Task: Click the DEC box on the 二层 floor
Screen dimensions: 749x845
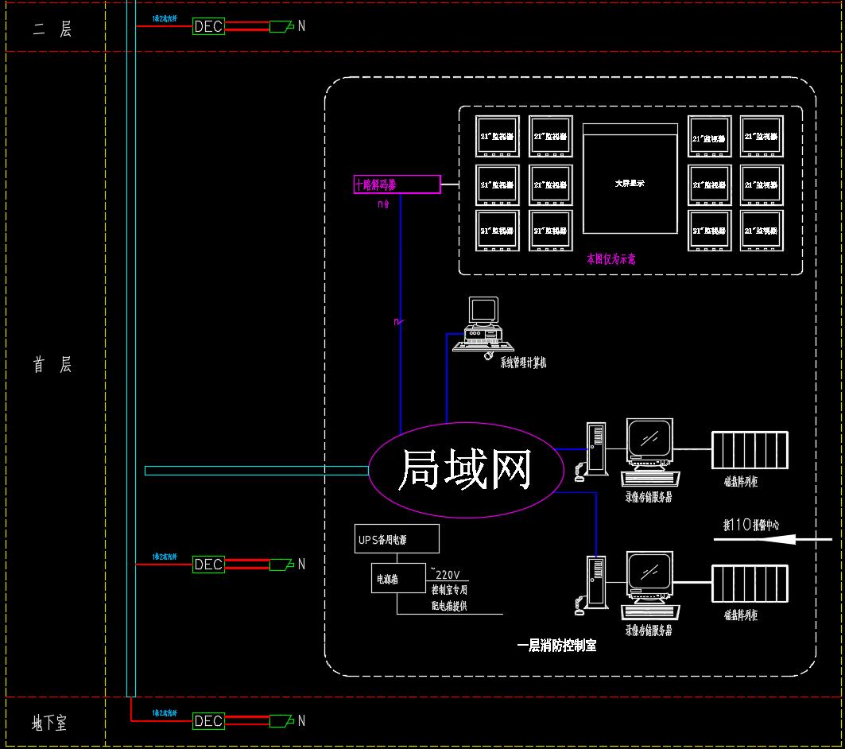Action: point(208,26)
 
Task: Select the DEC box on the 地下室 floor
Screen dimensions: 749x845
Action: point(208,721)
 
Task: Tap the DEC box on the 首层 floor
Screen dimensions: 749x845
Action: point(208,565)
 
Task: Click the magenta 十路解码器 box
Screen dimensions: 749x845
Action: point(397,184)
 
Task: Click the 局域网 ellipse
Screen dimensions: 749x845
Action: point(464,470)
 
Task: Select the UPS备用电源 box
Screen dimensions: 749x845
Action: point(397,538)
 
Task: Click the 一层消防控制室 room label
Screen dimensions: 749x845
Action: point(556,646)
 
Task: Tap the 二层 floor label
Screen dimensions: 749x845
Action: point(52,29)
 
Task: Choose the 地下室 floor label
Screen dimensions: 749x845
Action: point(49,723)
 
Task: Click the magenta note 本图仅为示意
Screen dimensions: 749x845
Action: point(610,259)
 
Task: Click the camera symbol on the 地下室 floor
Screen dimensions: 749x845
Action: point(280,721)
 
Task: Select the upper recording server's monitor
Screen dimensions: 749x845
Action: point(649,438)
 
